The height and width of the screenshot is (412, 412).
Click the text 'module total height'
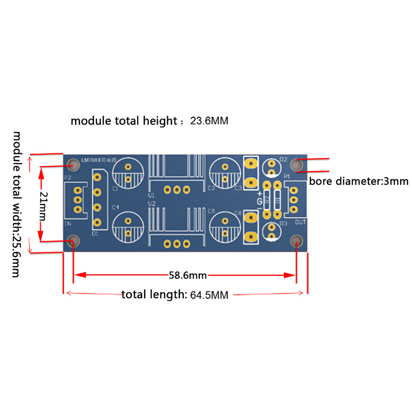coord(124,121)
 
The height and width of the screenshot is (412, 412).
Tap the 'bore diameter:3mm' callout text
coord(358,181)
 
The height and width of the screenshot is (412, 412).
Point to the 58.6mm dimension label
coord(187,275)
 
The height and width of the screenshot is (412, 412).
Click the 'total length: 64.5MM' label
coord(175,295)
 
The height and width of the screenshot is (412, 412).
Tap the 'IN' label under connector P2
coord(67,224)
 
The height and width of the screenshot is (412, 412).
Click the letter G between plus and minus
coord(260,200)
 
